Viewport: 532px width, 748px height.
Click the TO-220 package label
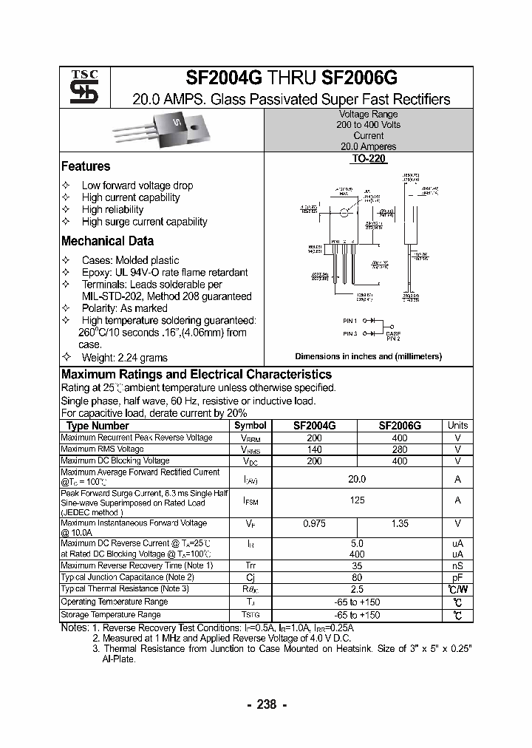pyautogui.click(x=368, y=159)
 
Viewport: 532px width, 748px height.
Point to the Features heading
pyautogui.click(x=86, y=166)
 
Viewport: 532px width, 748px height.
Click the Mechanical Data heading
pyautogui.click(x=107, y=241)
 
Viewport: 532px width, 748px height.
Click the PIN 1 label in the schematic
pyautogui.click(x=349, y=321)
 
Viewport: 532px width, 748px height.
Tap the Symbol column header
pyautogui.click(x=250, y=426)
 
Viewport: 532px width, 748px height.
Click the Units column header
pyautogui.click(x=457, y=426)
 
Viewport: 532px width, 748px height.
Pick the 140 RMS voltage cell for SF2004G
pyautogui.click(x=315, y=449)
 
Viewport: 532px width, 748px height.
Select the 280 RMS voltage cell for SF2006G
pyautogui.click(x=399, y=449)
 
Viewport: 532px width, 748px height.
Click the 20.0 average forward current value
pyautogui.click(x=357, y=479)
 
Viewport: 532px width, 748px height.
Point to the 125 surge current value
pyautogui.click(x=357, y=500)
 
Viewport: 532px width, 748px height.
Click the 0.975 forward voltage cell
pyautogui.click(x=315, y=523)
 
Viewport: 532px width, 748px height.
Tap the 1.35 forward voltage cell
pyautogui.click(x=399, y=523)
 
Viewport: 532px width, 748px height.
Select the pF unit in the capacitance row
pyautogui.click(x=457, y=577)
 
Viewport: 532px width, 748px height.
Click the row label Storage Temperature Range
pyautogui.click(x=111, y=614)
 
